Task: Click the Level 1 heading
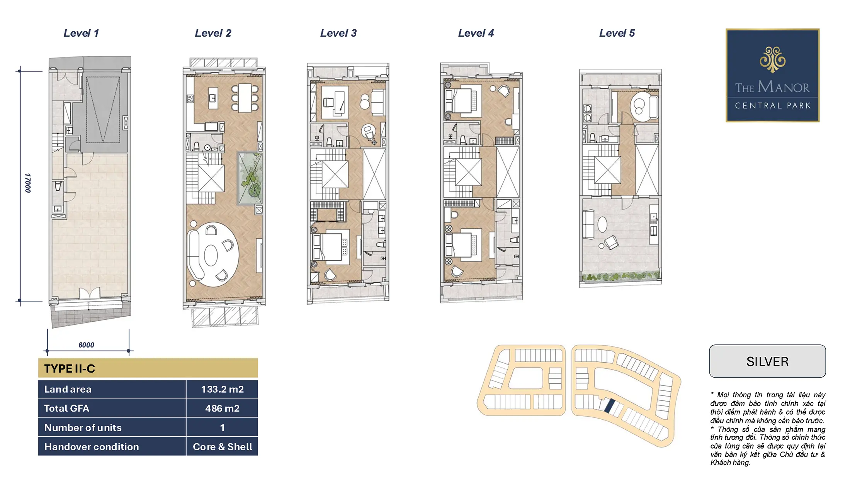point(81,33)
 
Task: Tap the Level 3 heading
point(338,33)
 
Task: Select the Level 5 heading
point(617,33)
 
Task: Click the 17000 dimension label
point(27,183)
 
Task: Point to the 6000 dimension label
point(86,345)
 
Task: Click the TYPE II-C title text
point(70,368)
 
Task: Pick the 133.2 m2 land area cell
point(222,389)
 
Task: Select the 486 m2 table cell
point(222,408)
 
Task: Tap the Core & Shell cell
point(222,447)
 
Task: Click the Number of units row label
point(83,427)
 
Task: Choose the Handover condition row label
point(92,447)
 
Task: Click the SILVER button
point(767,361)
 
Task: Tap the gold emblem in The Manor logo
point(772,59)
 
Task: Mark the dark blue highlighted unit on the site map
point(609,406)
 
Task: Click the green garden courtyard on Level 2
point(250,178)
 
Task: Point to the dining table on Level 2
point(245,98)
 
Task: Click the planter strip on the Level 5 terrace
point(620,276)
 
